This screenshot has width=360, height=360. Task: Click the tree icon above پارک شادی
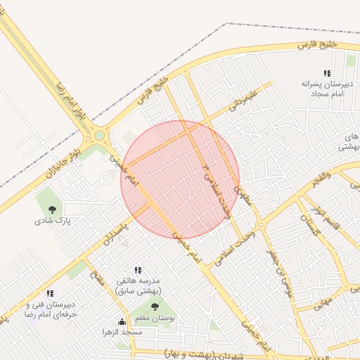coord(52,209)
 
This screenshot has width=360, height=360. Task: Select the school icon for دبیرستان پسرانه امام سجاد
coord(326,73)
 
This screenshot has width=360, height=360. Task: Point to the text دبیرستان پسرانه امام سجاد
coord(326,88)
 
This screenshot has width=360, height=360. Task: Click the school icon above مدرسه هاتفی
coord(138,269)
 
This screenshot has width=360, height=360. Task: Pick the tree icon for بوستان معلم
coord(155,306)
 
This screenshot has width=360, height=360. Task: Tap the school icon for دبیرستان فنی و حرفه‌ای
coord(49,293)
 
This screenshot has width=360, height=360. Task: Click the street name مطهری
coord(242,193)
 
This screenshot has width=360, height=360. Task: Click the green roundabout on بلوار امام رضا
coord(99,135)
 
